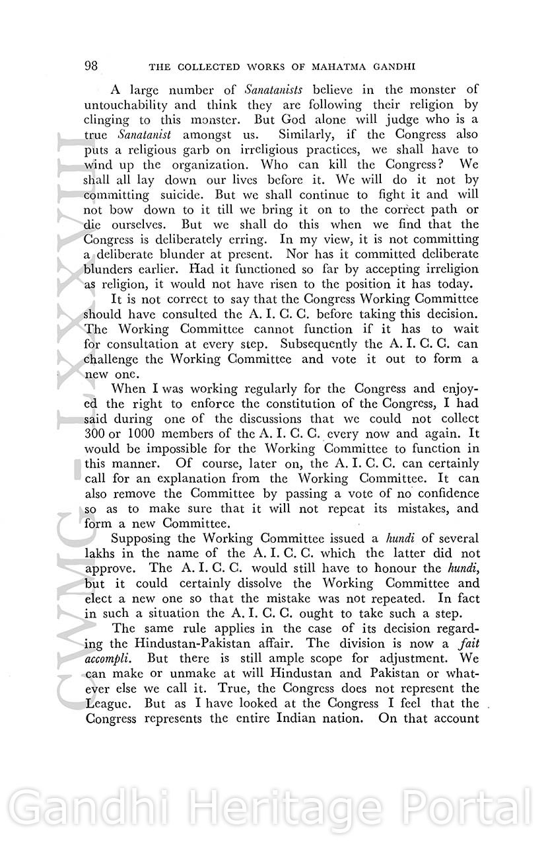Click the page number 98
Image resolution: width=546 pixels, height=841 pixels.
92,66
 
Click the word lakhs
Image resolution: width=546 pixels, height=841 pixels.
100,553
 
